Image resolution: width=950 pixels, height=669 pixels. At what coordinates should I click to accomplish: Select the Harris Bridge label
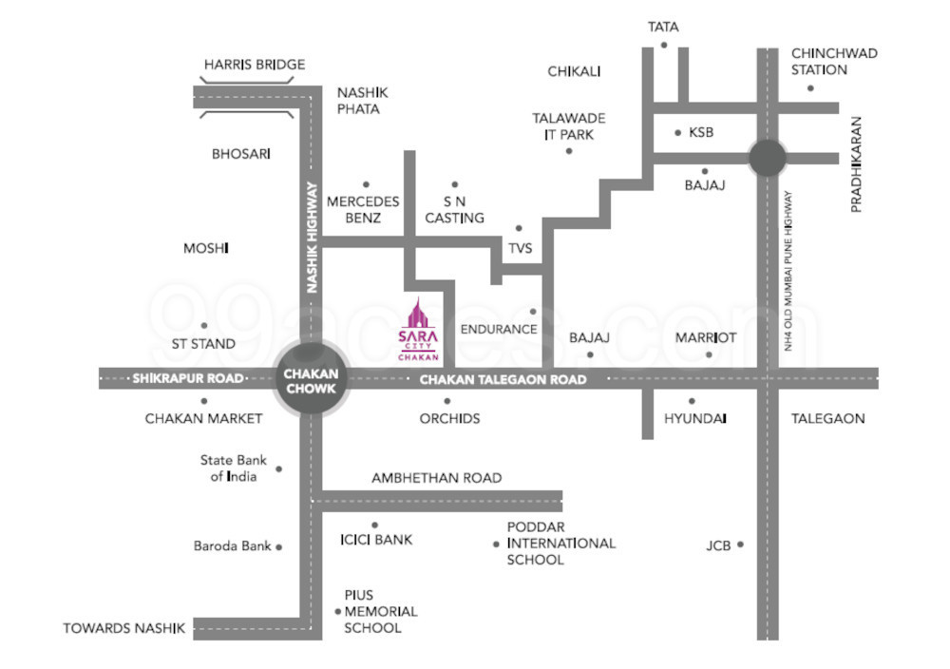coord(255,65)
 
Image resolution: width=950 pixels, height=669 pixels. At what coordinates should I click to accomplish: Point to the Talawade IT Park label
coord(569,126)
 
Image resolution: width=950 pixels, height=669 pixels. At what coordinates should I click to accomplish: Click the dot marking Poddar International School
coord(496,545)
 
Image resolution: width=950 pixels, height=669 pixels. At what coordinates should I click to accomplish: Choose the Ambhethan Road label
coord(436,478)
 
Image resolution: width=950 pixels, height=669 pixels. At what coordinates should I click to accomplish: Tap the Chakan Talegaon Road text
coord(503,380)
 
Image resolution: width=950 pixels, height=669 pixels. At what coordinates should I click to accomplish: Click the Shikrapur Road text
coord(188,378)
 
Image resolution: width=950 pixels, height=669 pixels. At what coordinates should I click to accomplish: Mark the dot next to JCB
coord(741,545)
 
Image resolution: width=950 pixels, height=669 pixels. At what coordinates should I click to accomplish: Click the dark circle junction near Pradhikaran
coord(767,158)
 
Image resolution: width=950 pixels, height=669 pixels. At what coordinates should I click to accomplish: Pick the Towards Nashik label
coord(123,628)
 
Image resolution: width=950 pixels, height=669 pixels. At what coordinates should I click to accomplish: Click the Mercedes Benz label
coord(363,209)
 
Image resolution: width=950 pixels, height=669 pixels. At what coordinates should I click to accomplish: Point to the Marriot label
coord(706,337)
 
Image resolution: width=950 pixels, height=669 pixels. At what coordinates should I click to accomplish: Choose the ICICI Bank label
coord(376,540)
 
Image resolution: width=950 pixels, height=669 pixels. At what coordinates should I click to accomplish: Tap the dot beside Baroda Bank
coord(279,546)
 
